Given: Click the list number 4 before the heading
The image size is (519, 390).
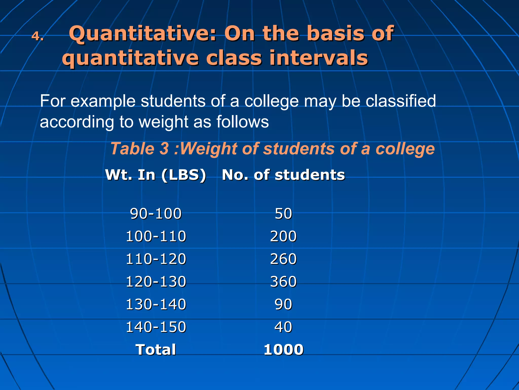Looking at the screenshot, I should tap(37, 36).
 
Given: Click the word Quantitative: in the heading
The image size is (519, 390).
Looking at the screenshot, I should tap(143, 34).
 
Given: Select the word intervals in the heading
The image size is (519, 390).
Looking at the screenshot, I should tap(318, 58).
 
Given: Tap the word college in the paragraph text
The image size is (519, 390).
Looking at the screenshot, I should tap(271, 101).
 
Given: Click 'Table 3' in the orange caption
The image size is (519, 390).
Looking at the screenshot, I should tap(140, 149).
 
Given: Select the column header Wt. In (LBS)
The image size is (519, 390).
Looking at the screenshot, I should tap(156, 175).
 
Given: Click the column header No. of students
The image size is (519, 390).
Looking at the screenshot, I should tap(283, 175).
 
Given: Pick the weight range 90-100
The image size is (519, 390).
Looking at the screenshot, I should tap(156, 214).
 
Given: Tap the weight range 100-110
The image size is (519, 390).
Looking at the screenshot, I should tap(156, 236).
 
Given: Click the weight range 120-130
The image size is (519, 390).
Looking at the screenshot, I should tap(156, 282).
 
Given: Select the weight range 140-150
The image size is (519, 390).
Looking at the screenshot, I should tap(156, 327).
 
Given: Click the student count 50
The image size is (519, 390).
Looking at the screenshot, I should tap(283, 214).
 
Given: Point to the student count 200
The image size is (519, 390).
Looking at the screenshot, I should tap(283, 236).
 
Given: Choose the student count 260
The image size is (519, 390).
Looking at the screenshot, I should tap(283, 259).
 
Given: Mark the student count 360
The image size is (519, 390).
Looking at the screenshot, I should tap(283, 282).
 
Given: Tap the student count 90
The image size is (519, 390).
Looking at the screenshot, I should tap(283, 304).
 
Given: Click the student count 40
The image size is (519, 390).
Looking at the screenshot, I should tap(283, 327).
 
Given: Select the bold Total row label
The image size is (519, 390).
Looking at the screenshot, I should tap(156, 350).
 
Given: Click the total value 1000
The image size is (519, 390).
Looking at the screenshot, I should tap(283, 350).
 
